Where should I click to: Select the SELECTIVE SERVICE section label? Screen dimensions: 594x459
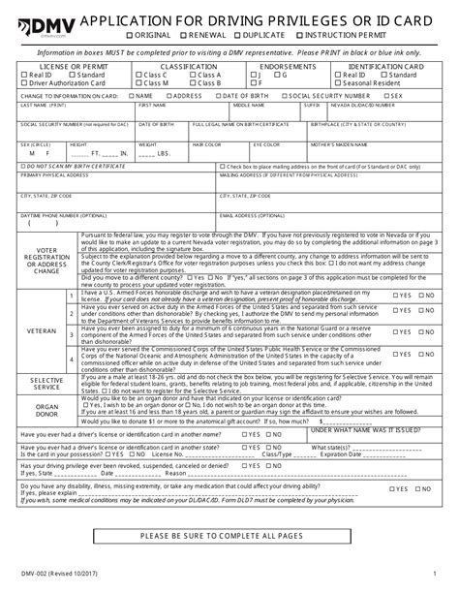[42, 384]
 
